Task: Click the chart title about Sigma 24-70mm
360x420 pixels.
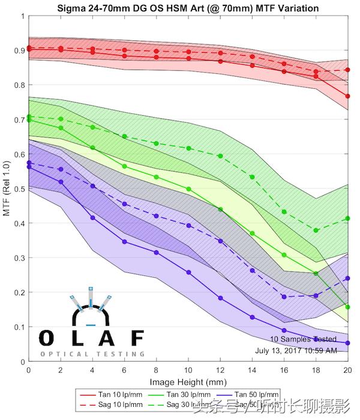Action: pyautogui.click(x=187, y=8)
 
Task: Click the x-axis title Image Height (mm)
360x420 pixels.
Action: pyautogui.click(x=188, y=382)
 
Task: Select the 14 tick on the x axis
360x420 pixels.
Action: pyautogui.click(x=252, y=370)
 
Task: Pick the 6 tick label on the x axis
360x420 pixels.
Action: pyautogui.click(x=124, y=370)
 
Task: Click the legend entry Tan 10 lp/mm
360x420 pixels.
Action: pyautogui.click(x=120, y=395)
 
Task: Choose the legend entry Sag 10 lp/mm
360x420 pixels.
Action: pyautogui.click(x=120, y=406)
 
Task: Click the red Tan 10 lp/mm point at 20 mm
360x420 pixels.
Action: pyautogui.click(x=348, y=96)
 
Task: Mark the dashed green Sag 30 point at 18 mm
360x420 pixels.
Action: pyautogui.click(x=316, y=230)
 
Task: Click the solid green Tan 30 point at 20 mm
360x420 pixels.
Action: pyautogui.click(x=348, y=307)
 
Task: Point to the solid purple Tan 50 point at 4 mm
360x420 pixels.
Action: pyautogui.click(x=92, y=218)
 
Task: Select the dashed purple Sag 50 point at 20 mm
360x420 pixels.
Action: pyautogui.click(x=348, y=278)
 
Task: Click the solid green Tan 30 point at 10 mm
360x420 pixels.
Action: pyautogui.click(x=188, y=189)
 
